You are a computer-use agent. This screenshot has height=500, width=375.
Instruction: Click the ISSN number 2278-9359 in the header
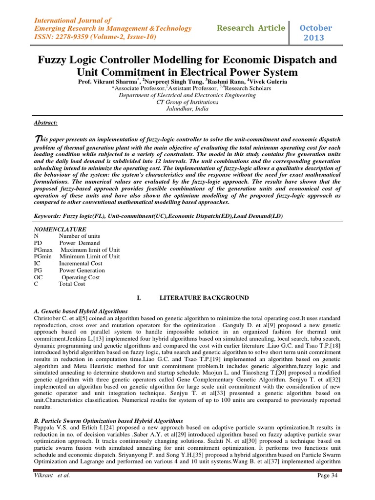(71, 38)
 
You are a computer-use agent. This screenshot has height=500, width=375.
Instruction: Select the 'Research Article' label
(250, 28)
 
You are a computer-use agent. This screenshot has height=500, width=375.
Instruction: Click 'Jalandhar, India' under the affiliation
(187, 109)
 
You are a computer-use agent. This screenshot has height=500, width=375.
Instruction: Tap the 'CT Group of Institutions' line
(187, 102)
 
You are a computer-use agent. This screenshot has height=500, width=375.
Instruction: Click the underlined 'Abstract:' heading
(45, 123)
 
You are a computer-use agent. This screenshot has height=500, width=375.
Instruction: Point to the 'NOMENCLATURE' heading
(60, 229)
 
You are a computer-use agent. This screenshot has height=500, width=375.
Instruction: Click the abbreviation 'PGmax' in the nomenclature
(43, 250)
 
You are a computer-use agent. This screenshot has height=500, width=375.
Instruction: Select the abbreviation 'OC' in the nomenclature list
(39, 277)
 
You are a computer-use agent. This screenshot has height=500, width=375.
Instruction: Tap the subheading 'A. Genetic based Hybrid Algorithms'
(81, 311)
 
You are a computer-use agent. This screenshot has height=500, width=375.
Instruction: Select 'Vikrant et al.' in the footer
(52, 476)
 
